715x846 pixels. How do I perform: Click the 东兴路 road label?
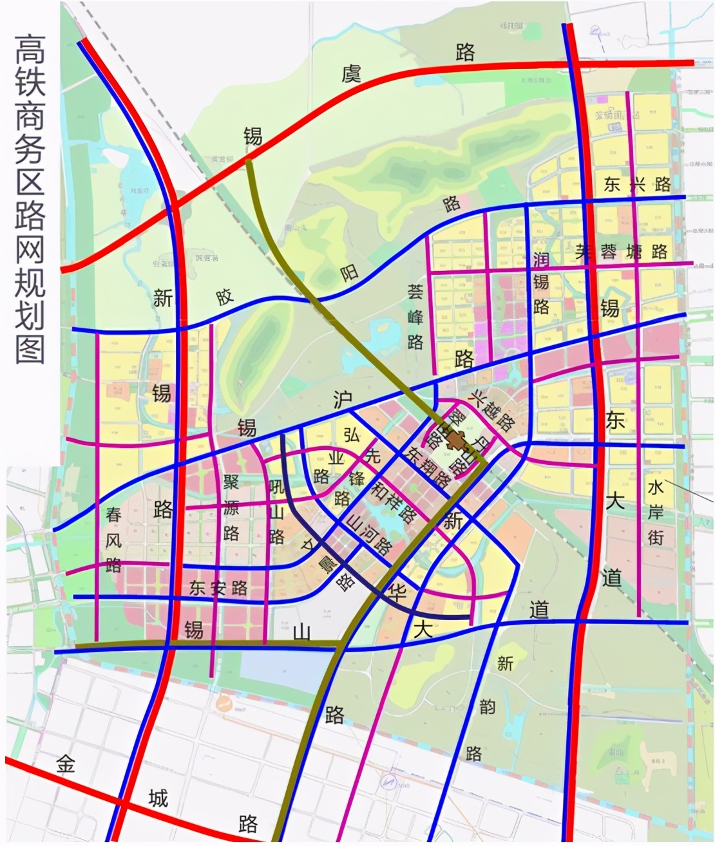[x=637, y=185]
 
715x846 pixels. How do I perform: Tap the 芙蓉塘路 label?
[x=622, y=251]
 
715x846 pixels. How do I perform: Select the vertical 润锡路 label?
[x=541, y=283]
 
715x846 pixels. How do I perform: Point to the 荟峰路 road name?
[x=415, y=317]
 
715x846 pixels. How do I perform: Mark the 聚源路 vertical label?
[x=231, y=508]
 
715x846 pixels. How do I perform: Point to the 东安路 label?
[x=219, y=588]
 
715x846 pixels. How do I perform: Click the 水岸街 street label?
[x=656, y=512]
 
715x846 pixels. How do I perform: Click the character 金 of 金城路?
[x=65, y=764]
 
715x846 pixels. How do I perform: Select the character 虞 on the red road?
[x=352, y=74]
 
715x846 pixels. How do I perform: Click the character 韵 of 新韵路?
[x=488, y=707]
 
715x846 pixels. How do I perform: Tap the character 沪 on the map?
[x=342, y=400]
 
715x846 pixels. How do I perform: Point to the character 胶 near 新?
[x=224, y=297]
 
